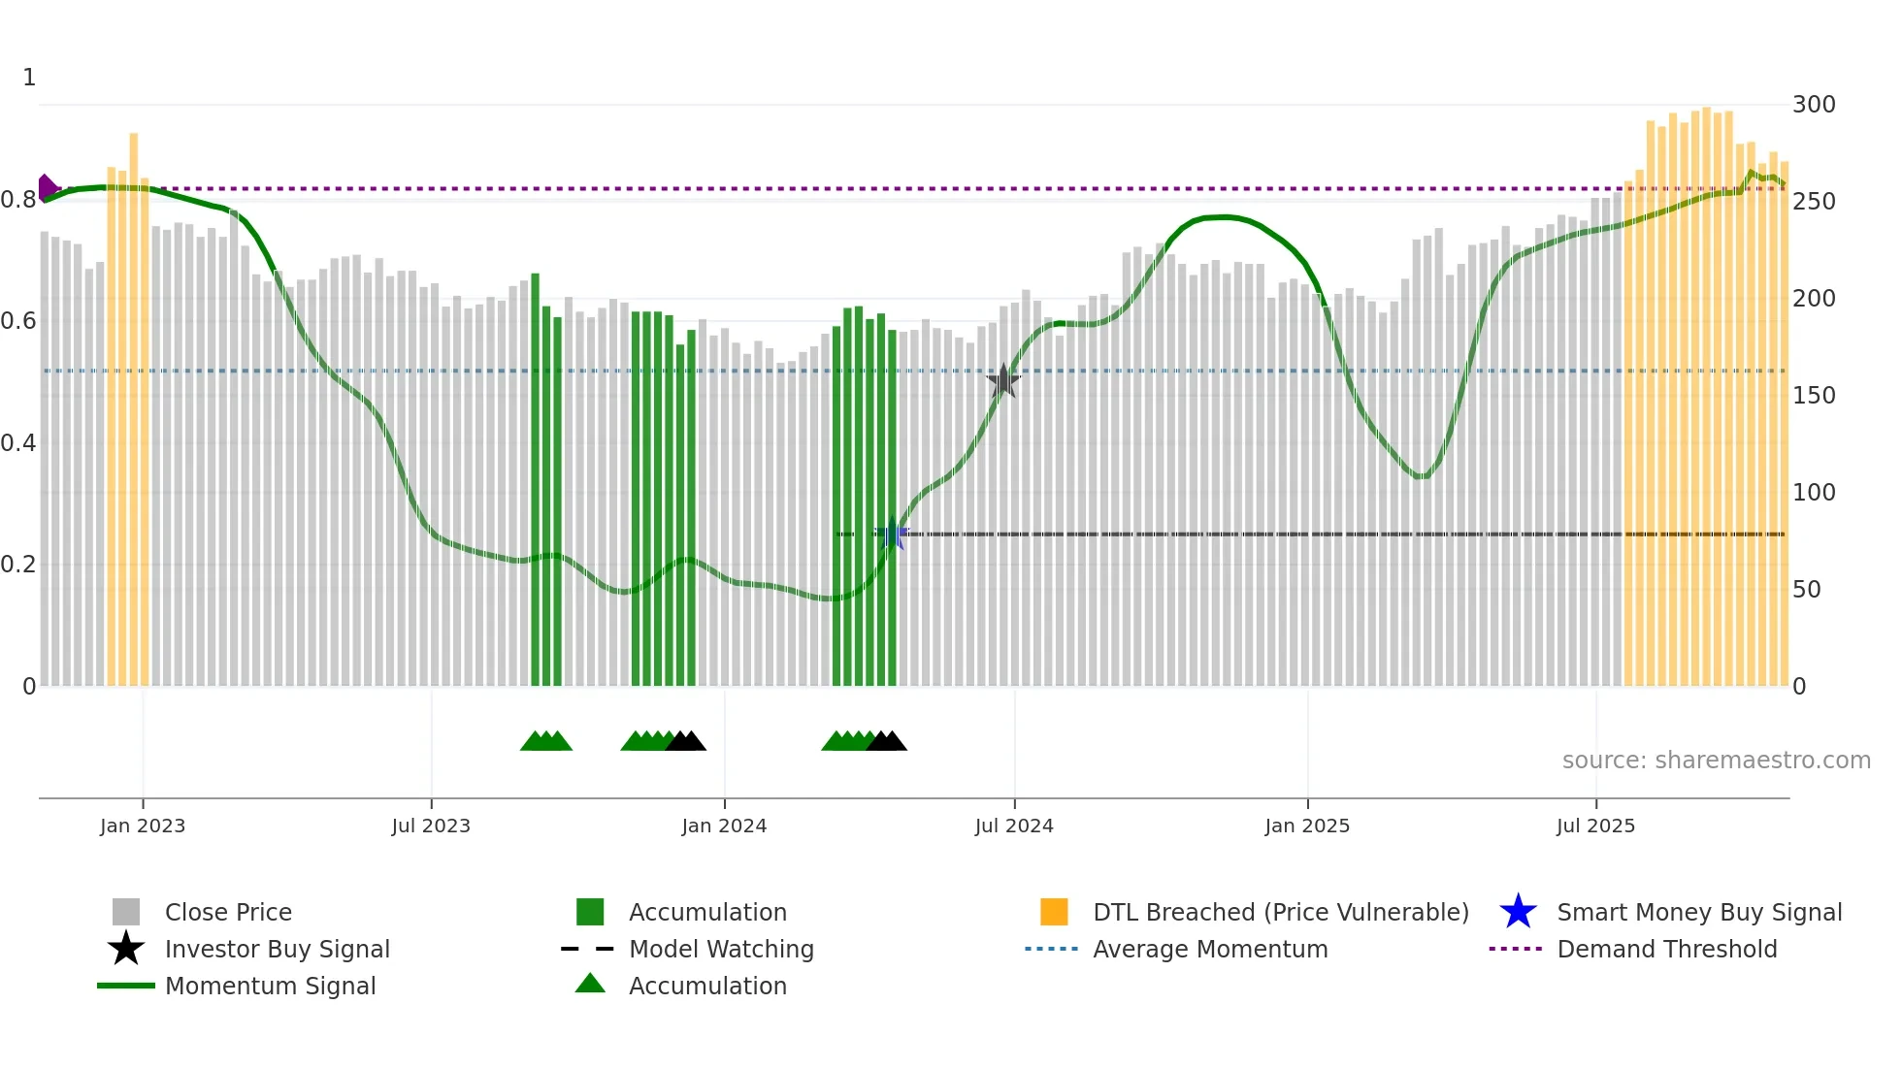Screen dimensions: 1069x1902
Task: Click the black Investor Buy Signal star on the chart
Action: pos(1002,381)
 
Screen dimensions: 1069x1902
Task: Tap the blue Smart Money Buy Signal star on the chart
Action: pos(892,534)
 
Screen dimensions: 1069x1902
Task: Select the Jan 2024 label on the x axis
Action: pos(724,826)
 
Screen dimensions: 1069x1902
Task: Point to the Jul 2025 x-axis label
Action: pos(1595,826)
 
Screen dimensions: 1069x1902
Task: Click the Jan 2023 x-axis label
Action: pos(143,826)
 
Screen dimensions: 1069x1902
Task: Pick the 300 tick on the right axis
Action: pos(1814,105)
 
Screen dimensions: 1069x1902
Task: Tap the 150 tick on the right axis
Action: pos(1814,396)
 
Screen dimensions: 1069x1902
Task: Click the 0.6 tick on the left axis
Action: pos(18,321)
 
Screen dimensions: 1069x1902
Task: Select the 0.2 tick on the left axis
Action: pos(18,565)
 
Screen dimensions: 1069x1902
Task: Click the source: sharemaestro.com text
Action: pos(1716,761)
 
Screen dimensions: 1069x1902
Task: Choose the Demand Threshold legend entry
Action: pos(1666,949)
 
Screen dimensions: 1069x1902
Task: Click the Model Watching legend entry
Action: pos(721,949)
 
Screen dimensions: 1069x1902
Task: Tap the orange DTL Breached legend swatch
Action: pos(1054,912)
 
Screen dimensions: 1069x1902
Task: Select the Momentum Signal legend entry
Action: pos(270,986)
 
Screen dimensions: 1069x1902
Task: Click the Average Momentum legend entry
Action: pos(1209,949)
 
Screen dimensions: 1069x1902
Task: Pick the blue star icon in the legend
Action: pos(1518,912)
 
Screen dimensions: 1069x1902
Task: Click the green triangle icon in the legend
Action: pos(590,984)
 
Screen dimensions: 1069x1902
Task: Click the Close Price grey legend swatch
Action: pos(126,912)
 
